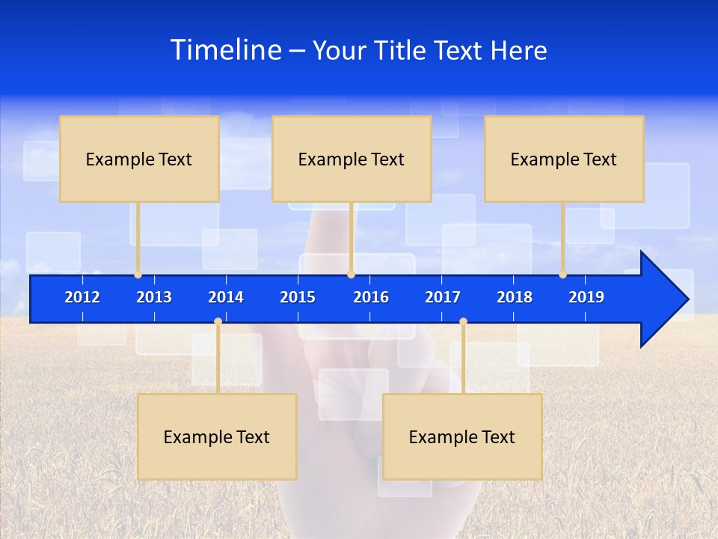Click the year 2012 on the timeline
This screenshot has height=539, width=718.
click(x=82, y=297)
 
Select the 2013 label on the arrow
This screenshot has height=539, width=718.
click(x=154, y=297)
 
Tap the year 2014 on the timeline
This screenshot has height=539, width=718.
click(x=226, y=297)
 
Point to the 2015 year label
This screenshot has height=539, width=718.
click(x=298, y=297)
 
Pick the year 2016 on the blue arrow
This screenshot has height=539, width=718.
click(x=371, y=297)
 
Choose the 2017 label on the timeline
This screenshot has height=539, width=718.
click(x=443, y=297)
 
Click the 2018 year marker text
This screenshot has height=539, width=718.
click(x=515, y=297)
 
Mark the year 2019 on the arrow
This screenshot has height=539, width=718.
click(x=586, y=297)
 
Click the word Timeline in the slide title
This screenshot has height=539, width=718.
click(x=226, y=50)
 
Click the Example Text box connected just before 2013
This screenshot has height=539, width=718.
click(x=139, y=159)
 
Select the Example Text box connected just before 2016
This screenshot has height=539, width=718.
click(x=352, y=159)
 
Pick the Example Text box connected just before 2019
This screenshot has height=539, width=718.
click(x=564, y=159)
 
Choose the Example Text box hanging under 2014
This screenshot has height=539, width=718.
click(x=217, y=436)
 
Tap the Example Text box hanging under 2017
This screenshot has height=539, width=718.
click(x=462, y=436)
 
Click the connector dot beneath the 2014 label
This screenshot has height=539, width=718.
click(x=218, y=322)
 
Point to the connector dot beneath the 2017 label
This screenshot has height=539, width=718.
click(x=463, y=322)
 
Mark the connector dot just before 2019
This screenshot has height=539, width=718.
click(x=562, y=275)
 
